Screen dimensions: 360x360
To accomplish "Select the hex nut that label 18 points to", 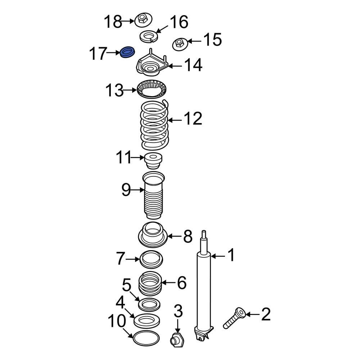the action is [143, 21].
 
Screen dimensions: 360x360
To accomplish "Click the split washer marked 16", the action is [148, 37].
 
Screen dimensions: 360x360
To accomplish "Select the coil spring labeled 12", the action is [154, 125].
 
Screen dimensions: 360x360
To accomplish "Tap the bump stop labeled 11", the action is [153, 161].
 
